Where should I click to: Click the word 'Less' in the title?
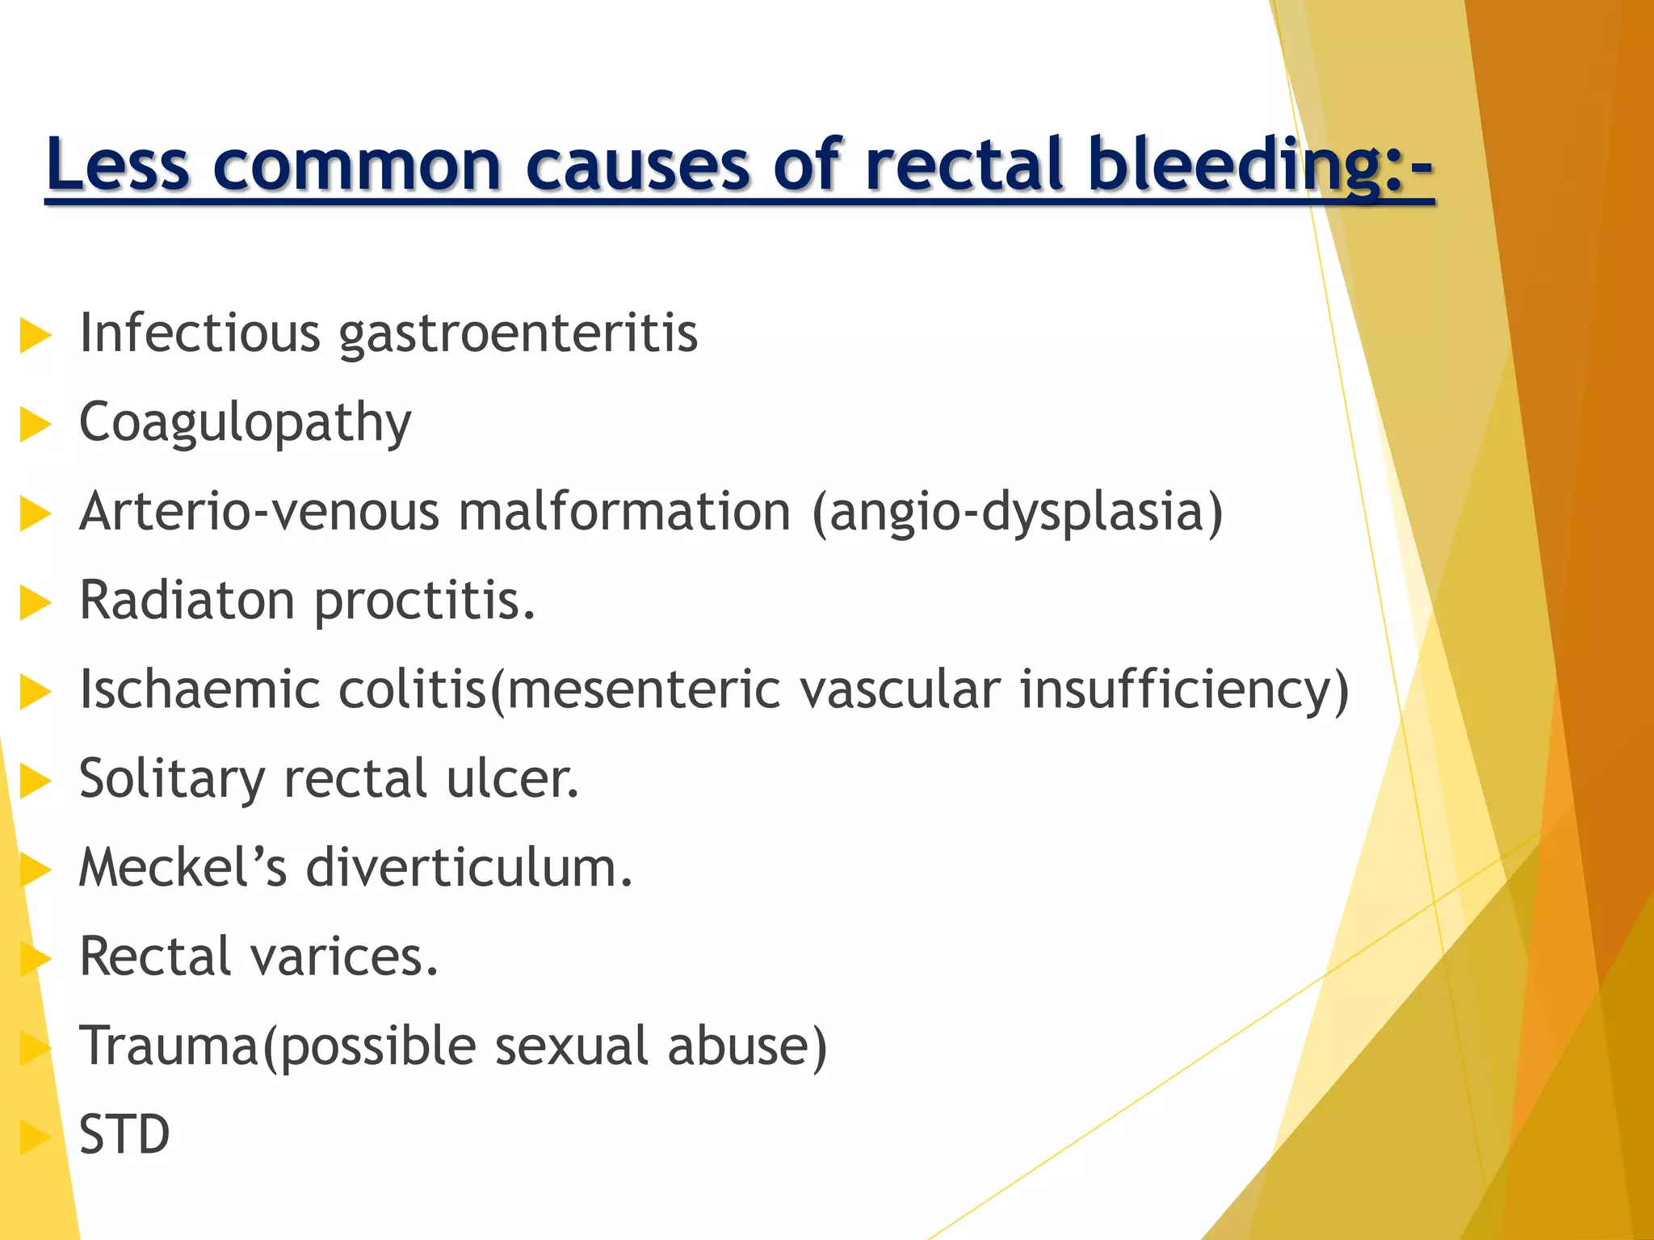coord(118,165)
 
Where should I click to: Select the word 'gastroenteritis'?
coord(518,334)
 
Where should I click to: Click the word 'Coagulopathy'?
coord(245,423)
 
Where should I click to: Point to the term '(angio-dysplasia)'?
coord(1018,513)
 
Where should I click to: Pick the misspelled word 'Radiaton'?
coord(187,601)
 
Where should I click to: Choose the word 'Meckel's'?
coord(183,868)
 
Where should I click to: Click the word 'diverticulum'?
coord(468,868)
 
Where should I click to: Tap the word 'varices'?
coord(344,957)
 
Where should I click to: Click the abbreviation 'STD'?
coord(124,1135)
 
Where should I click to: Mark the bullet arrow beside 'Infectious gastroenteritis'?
coord(35,335)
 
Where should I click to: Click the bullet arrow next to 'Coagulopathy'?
coord(35,425)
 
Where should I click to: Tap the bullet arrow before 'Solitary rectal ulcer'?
coord(35,781)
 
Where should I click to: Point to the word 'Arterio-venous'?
coord(258,513)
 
